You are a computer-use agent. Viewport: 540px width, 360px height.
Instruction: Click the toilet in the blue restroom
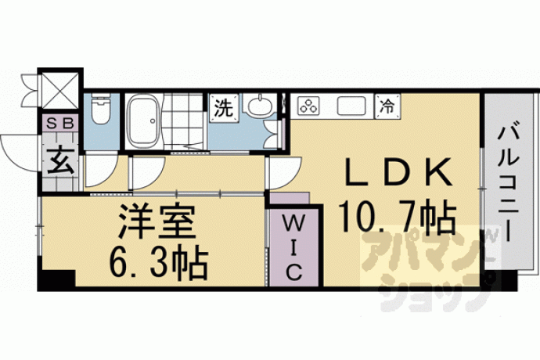click(100, 109)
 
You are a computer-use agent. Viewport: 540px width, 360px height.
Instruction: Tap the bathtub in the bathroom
click(143, 120)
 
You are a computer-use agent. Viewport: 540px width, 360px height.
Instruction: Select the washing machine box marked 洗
click(225, 108)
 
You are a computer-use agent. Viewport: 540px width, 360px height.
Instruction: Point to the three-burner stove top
click(308, 106)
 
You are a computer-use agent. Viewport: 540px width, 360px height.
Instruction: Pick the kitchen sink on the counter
click(351, 106)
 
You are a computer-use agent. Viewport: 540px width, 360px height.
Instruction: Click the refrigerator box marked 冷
click(387, 105)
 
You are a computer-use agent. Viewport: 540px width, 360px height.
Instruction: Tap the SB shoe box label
click(60, 123)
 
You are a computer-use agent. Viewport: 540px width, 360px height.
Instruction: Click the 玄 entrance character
click(60, 161)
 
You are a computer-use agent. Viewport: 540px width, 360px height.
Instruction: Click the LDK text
click(399, 171)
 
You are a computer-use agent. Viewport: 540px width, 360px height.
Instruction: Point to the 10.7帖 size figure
click(398, 216)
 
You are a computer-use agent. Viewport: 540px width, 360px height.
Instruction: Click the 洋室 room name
click(157, 221)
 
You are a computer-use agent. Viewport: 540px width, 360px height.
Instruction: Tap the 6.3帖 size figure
click(158, 262)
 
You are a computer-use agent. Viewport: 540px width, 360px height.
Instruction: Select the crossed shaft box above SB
click(60, 89)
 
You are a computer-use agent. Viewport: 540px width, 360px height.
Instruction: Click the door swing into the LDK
click(284, 172)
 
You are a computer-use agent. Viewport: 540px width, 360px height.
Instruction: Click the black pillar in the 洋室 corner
click(56, 279)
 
